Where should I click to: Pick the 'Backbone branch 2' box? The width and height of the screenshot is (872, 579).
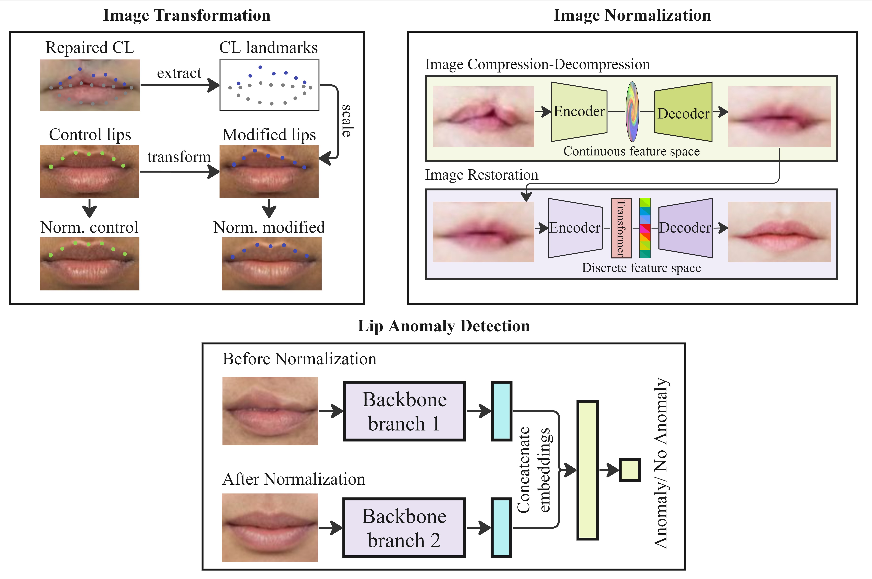[404, 528]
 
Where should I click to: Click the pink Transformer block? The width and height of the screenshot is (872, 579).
[621, 228]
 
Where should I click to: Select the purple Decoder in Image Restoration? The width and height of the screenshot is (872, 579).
[685, 228]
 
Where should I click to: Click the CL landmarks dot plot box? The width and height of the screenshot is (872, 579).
[269, 85]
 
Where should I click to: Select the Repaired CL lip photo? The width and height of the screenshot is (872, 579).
[90, 85]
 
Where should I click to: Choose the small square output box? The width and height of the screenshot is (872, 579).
[629, 470]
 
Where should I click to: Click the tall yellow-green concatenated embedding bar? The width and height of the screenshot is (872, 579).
[587, 470]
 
